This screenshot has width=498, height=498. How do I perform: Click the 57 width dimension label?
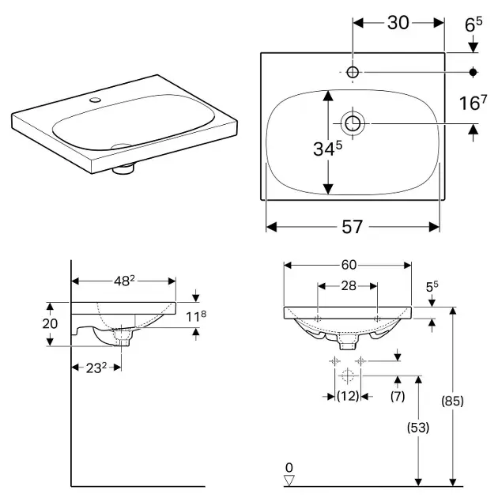click(x=353, y=227)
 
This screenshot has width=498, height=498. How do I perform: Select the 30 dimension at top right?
click(x=398, y=23)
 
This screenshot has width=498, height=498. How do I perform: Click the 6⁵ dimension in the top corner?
click(x=473, y=25)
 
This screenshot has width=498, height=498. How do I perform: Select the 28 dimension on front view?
click(x=348, y=285)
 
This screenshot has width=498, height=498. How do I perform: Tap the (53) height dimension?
click(x=419, y=428)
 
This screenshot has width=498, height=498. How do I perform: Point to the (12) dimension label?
click(x=348, y=395)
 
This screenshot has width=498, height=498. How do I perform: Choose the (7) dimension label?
click(x=398, y=395)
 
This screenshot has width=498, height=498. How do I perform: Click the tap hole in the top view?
click(x=353, y=73)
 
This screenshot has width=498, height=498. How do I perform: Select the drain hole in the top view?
click(x=352, y=123)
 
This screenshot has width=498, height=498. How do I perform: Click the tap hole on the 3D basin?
click(x=95, y=100)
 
